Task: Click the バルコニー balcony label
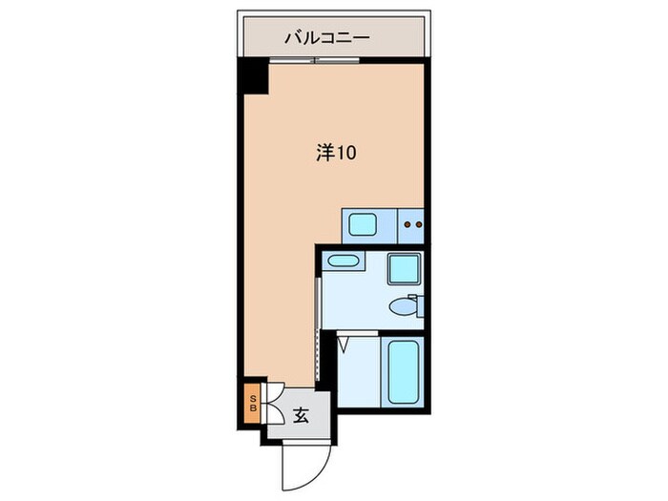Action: click(x=327, y=39)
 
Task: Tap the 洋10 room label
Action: click(x=336, y=153)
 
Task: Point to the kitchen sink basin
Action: click(x=363, y=225)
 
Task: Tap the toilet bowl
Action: click(x=401, y=307)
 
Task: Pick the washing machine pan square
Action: click(x=403, y=270)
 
